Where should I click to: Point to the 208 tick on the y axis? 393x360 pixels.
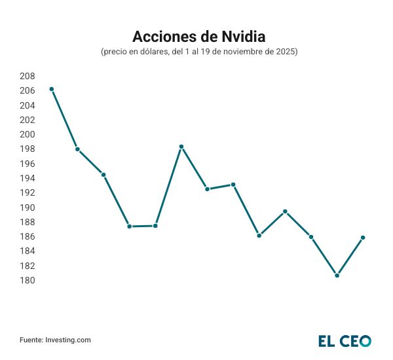click(x=27, y=76)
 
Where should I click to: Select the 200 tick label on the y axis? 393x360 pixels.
click(x=27, y=134)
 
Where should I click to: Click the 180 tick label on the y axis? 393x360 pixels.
click(x=27, y=281)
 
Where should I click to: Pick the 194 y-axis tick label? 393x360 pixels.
click(x=27, y=178)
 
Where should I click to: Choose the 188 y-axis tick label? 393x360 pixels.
click(x=27, y=222)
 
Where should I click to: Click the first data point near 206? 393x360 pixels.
click(x=51, y=89)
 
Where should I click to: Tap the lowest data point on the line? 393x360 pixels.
click(x=337, y=276)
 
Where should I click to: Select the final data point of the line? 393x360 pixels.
click(x=363, y=238)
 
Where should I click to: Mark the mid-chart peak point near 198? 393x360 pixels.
click(x=181, y=147)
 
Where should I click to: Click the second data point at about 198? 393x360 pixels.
click(x=77, y=149)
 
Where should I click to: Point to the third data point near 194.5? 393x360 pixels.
click(x=103, y=175)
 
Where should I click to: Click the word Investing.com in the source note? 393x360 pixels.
click(x=68, y=340)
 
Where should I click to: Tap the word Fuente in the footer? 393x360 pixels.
click(x=31, y=340)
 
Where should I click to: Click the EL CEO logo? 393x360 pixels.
click(x=345, y=341)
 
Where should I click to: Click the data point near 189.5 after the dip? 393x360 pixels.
click(x=285, y=211)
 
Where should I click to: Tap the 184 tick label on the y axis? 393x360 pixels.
click(x=27, y=251)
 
